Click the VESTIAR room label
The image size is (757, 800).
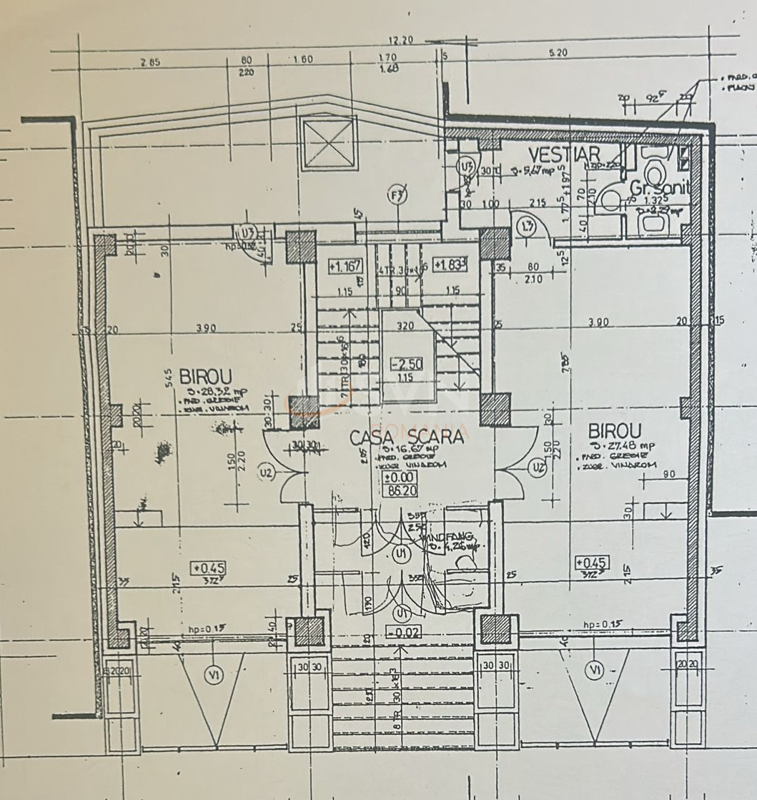pos(563,154)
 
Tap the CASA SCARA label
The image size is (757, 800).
pos(406,435)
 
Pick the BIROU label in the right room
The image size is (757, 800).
pos(615,431)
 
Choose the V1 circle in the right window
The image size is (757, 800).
pos(593,670)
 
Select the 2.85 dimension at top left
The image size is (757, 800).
pos(150,61)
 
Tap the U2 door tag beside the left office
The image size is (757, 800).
pos(267,473)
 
